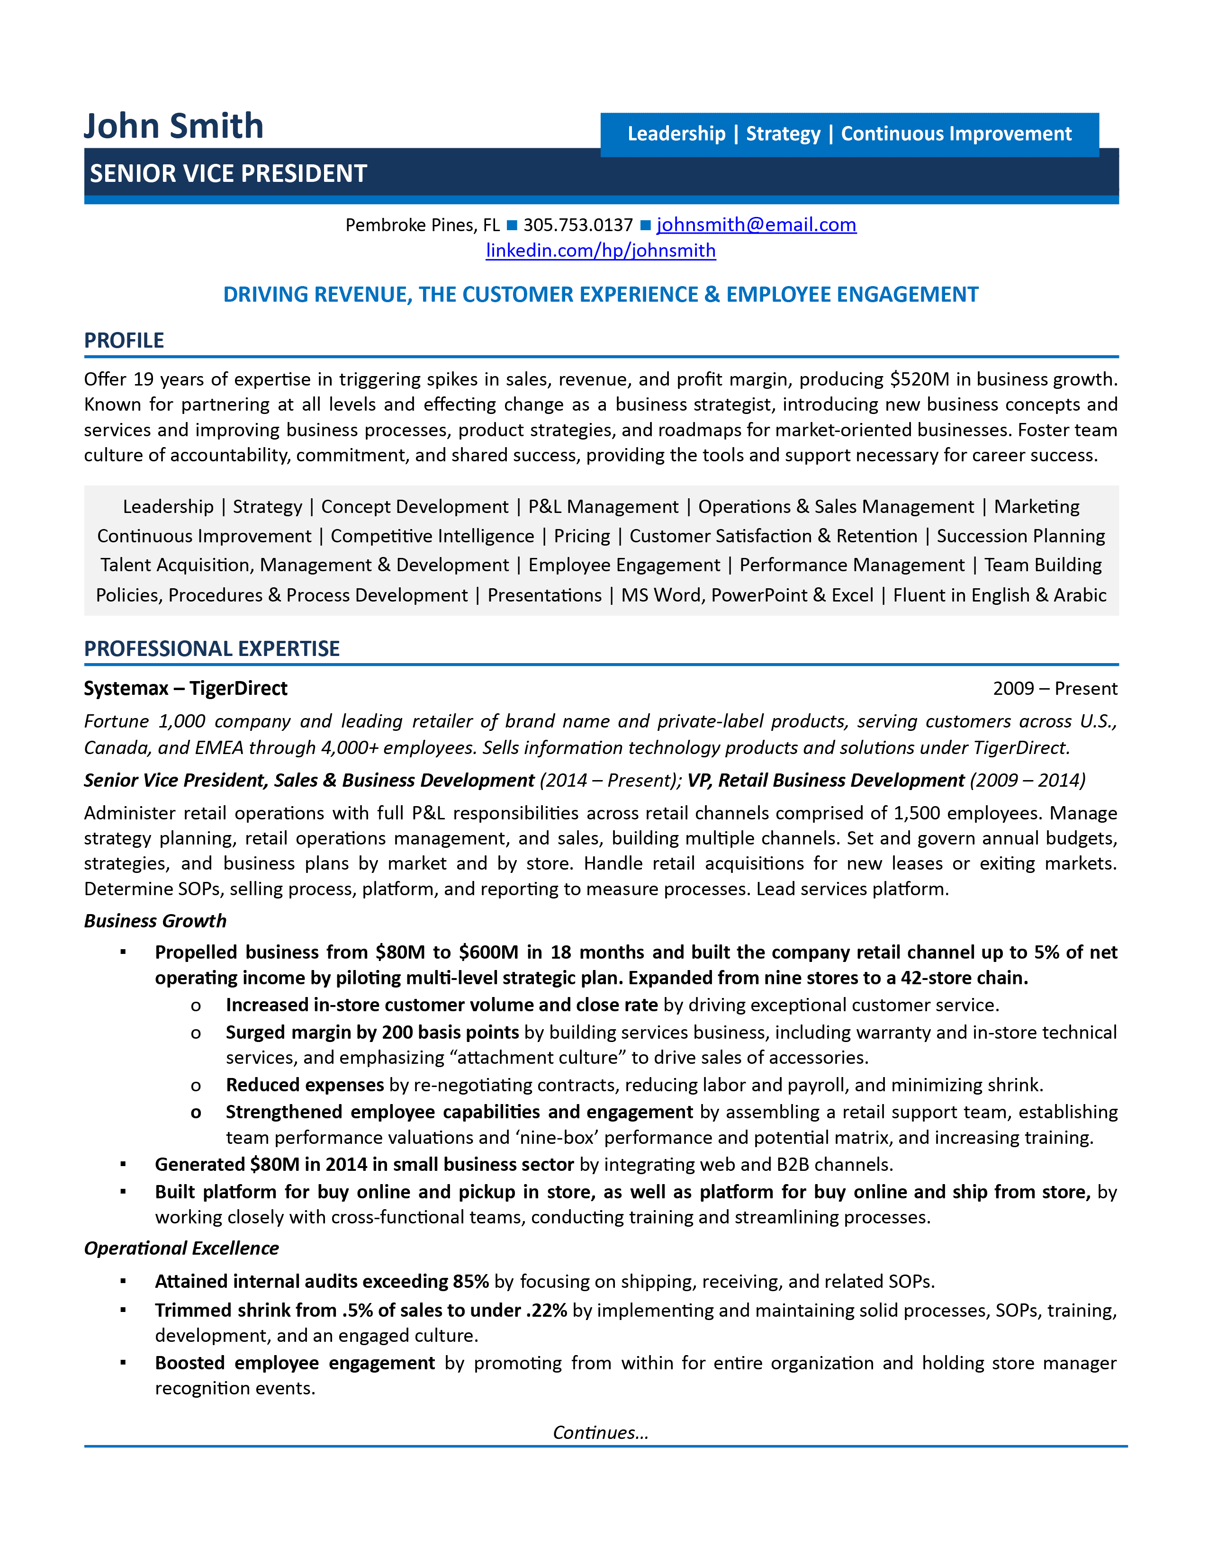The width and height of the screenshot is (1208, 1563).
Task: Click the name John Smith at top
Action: pyautogui.click(x=174, y=126)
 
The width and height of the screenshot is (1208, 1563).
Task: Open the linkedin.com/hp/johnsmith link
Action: pyautogui.click(x=600, y=251)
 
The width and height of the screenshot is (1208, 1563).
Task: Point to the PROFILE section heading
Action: pyautogui.click(x=124, y=341)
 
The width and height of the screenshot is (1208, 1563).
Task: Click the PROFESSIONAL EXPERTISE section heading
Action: pyautogui.click(x=212, y=648)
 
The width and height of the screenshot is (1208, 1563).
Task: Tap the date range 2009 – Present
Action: pyautogui.click(x=1054, y=689)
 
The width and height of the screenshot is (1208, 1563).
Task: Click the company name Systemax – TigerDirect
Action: pyautogui.click(x=185, y=689)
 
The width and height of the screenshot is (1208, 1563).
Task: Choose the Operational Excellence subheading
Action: pyautogui.click(x=181, y=1248)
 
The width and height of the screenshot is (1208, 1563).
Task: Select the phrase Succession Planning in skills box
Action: pyautogui.click(x=1020, y=536)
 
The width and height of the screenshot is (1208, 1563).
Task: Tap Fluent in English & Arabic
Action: pyautogui.click(x=999, y=595)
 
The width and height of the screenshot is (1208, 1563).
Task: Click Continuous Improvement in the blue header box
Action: pyautogui.click(x=956, y=134)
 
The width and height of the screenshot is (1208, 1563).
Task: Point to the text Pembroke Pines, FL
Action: pyautogui.click(x=422, y=225)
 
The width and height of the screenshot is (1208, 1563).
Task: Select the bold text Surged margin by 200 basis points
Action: pyautogui.click(x=372, y=1032)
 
